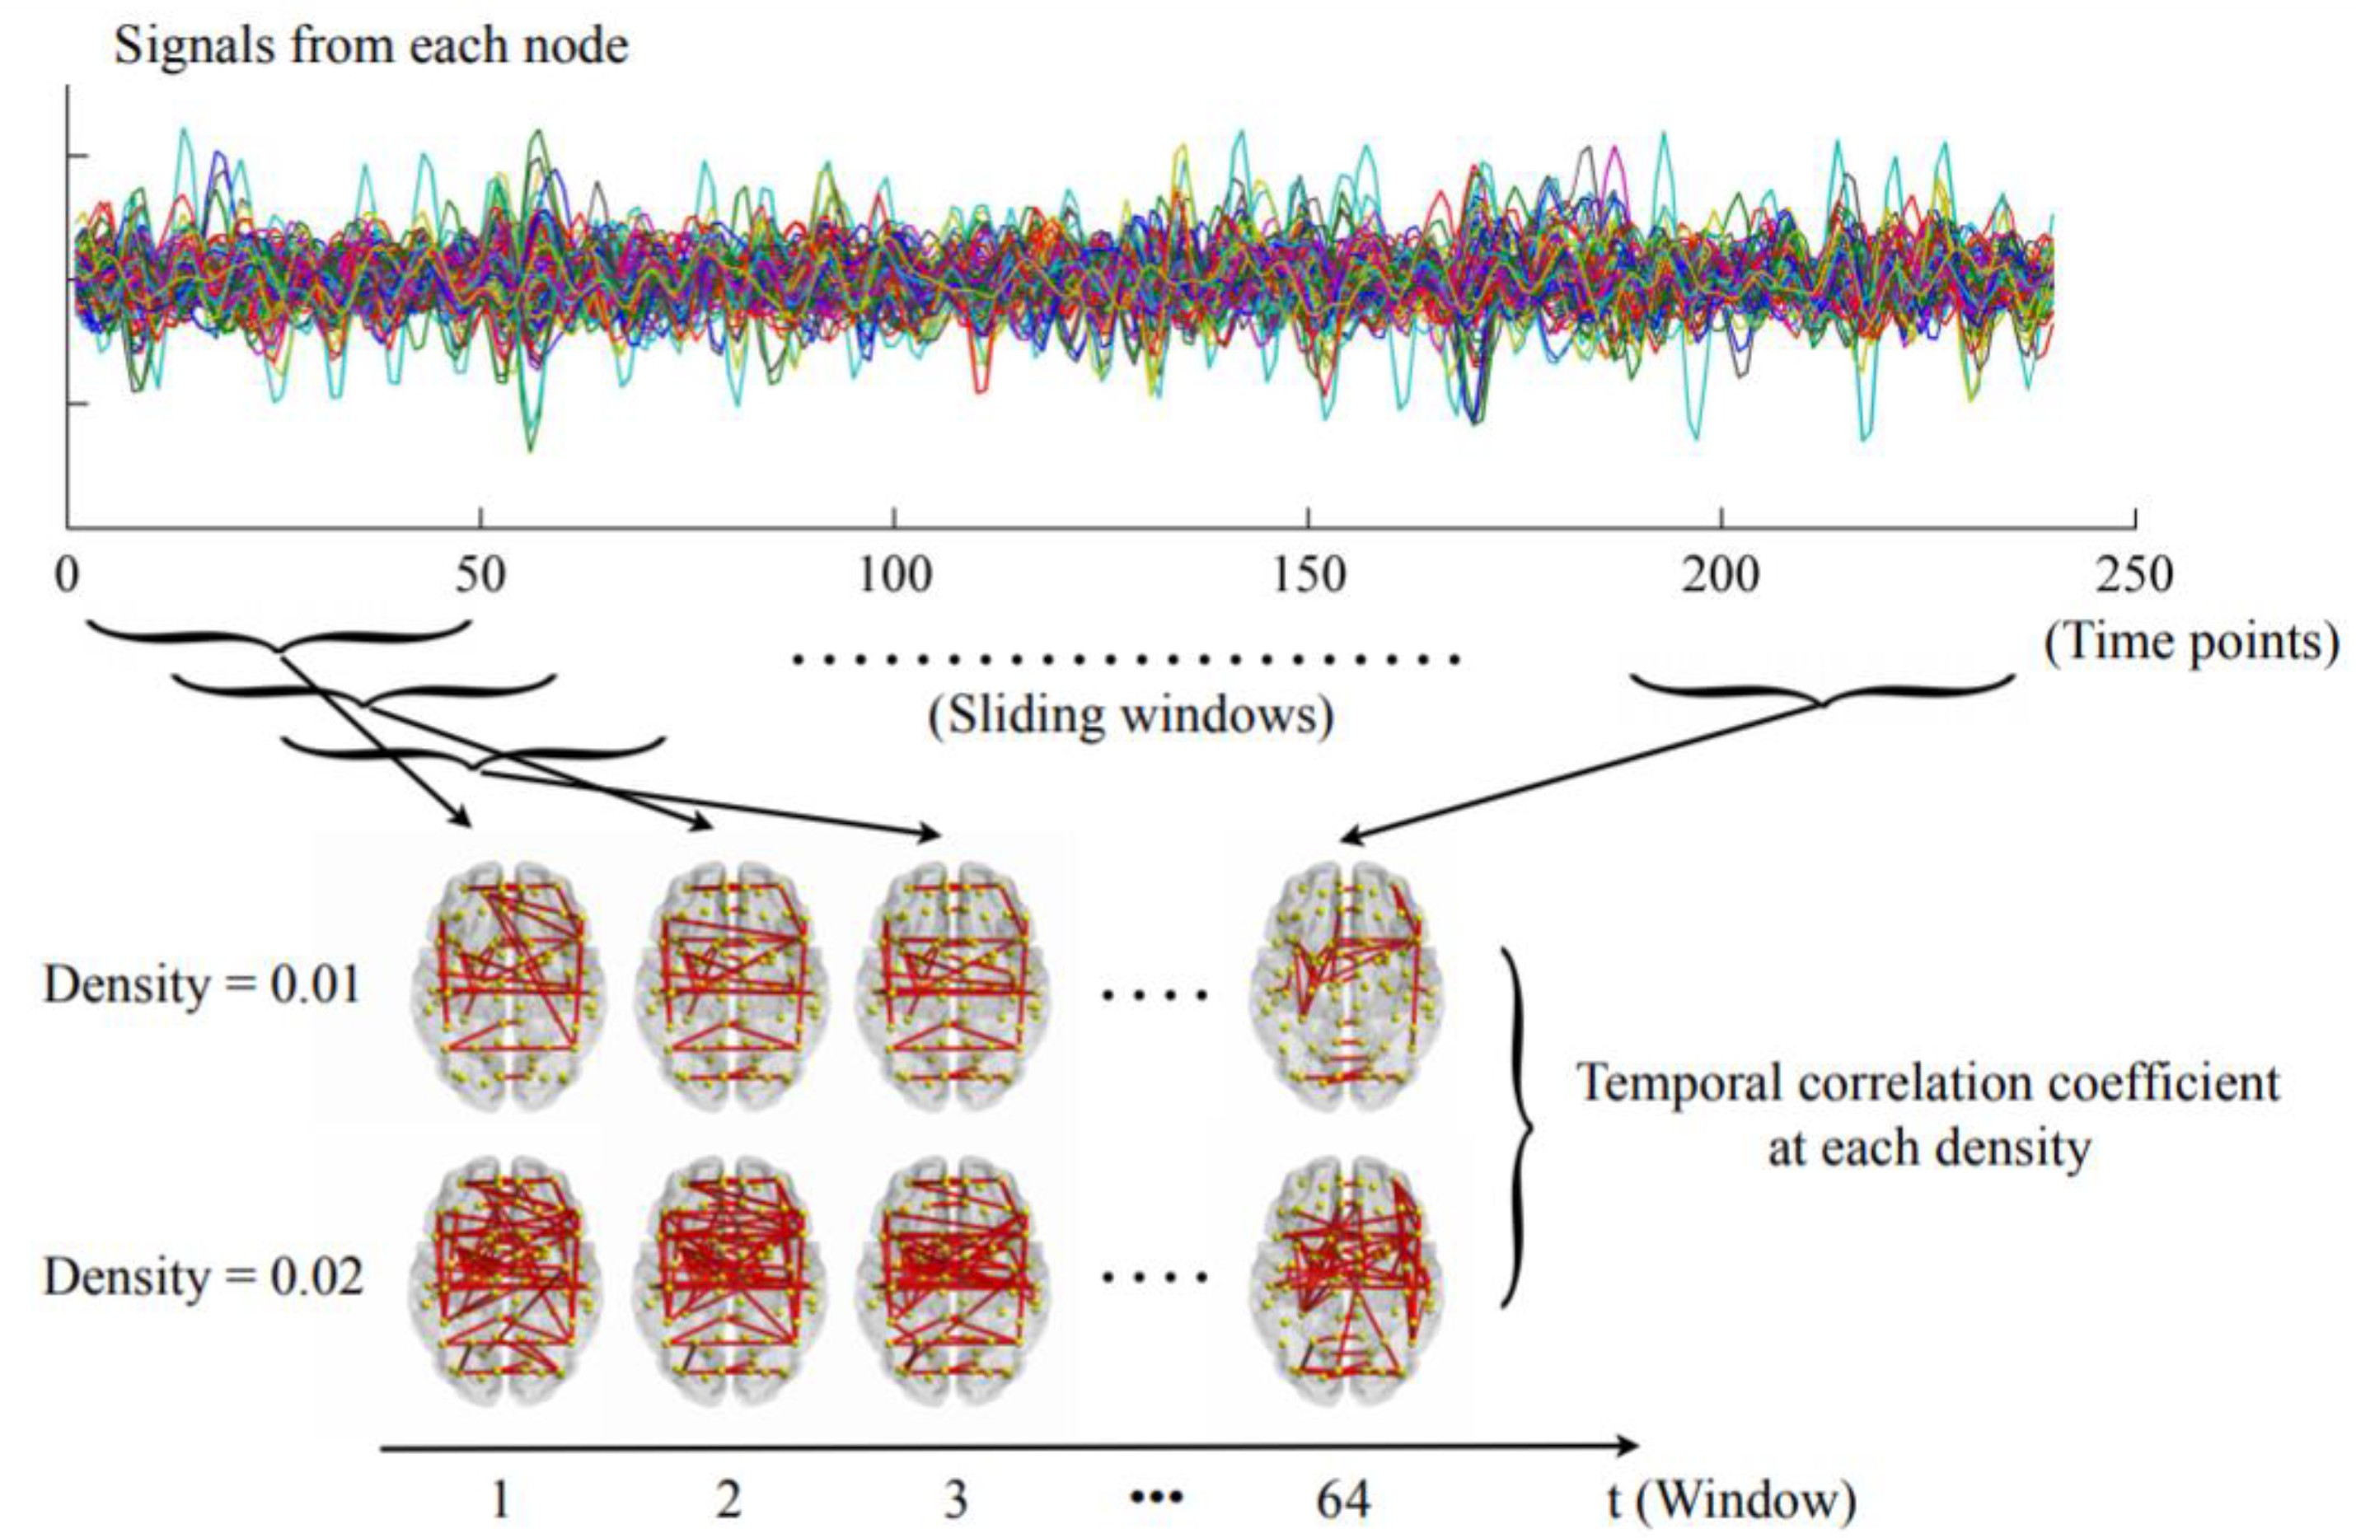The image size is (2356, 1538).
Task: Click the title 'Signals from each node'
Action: (x=371, y=45)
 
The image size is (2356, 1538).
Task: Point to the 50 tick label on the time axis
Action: (x=481, y=576)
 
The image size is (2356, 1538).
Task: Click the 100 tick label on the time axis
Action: (x=895, y=576)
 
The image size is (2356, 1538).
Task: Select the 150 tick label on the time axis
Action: (x=1309, y=576)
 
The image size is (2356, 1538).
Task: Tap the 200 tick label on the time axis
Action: (x=1721, y=576)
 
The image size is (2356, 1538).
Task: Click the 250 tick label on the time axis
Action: (x=2135, y=576)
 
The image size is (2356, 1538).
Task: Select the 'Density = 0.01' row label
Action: (x=202, y=987)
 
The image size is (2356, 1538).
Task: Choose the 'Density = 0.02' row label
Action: (x=203, y=1278)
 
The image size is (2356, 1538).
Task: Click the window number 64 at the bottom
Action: (x=1343, y=1500)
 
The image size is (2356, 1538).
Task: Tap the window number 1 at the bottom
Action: (x=501, y=1500)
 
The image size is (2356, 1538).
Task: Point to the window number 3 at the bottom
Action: (x=954, y=1500)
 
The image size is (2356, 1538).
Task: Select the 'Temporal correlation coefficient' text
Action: (x=1928, y=1084)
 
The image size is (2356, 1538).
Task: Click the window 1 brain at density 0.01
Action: (x=507, y=987)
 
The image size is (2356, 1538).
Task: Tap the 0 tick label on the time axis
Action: (x=68, y=576)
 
